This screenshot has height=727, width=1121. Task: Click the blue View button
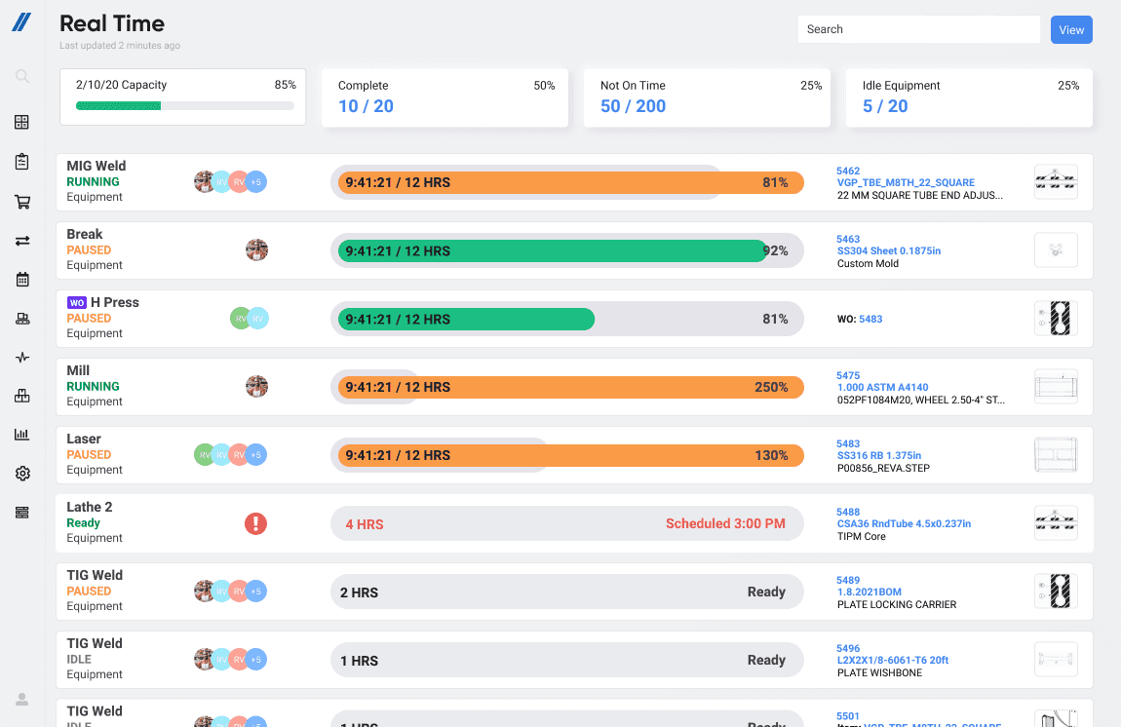click(1071, 29)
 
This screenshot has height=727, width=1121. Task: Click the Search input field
click(918, 29)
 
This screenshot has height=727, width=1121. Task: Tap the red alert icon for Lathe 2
click(255, 523)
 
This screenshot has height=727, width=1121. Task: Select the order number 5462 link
click(848, 171)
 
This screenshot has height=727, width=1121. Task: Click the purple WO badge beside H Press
click(76, 302)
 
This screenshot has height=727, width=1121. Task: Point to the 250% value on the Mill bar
click(771, 387)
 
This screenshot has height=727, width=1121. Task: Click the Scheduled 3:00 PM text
click(725, 523)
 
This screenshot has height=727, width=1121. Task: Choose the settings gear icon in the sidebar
click(22, 474)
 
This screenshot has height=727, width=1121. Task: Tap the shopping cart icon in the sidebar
click(22, 202)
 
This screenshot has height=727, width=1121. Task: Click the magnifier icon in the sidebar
click(22, 76)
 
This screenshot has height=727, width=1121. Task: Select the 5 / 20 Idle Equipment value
click(885, 106)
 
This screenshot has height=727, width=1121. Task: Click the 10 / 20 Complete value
click(366, 106)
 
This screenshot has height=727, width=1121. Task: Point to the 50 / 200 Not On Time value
click(633, 106)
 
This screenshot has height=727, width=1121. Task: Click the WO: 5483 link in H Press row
click(870, 319)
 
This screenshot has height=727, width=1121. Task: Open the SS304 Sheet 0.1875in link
click(888, 250)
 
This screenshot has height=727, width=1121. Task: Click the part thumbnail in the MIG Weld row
click(1056, 181)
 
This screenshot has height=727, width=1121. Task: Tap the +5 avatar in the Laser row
click(255, 455)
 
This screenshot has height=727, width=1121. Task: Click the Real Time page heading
click(112, 23)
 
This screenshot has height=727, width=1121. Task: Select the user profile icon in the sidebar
click(22, 699)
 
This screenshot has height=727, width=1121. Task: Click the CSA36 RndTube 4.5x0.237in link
click(904, 523)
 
